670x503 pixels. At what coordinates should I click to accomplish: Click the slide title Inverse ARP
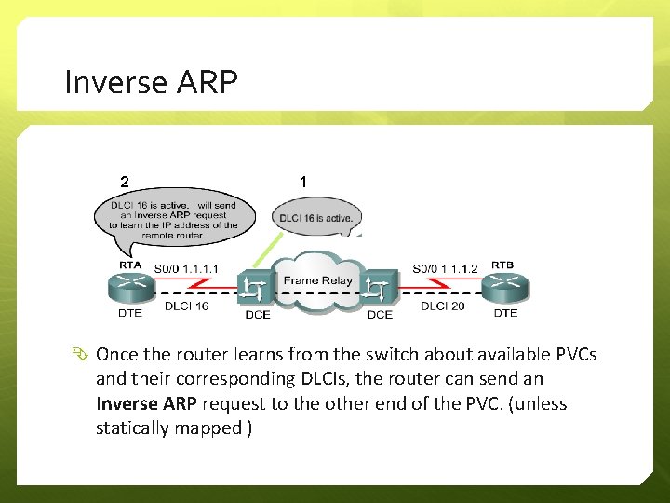151,83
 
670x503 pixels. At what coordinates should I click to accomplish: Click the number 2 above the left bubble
124,181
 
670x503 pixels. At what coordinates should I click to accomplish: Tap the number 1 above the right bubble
303,181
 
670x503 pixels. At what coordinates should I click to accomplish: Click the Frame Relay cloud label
317,280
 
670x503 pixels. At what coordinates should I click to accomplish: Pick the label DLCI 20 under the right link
442,306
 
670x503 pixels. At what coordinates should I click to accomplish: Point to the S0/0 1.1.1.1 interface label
187,269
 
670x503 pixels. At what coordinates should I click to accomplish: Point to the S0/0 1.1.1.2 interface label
444,269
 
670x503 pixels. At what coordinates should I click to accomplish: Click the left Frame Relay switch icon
254,290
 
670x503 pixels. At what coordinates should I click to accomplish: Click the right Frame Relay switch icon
378,290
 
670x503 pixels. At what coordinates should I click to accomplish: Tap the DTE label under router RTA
130,313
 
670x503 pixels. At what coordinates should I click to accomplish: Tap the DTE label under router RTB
505,313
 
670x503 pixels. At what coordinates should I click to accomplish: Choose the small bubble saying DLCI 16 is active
316,218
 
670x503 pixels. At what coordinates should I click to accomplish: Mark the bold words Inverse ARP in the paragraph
146,403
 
